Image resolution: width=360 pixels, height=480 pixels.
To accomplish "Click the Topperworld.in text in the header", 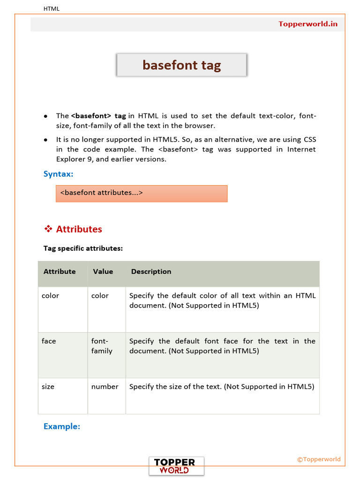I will pos(308,24).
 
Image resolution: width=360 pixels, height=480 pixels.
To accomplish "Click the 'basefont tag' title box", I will pos(181,65).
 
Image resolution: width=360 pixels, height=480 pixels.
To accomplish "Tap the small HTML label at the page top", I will pos(52,8).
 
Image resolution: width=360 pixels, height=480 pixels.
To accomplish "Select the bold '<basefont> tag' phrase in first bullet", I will pos(98,116).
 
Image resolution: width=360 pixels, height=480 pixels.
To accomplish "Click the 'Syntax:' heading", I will pos(59,174).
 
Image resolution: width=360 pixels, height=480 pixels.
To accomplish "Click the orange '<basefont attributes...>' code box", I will pos(141,193).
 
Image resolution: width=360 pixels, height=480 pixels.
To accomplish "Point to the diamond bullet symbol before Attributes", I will pos(48,229).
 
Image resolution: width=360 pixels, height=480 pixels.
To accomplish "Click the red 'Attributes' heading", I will pos(79,229).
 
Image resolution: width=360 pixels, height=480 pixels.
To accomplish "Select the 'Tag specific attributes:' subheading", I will pos(83,248).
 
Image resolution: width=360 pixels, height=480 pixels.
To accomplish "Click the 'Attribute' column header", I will pos(60,271).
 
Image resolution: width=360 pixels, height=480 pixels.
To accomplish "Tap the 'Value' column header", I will pos(103,271).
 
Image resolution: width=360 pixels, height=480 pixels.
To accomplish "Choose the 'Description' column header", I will pos(151,271).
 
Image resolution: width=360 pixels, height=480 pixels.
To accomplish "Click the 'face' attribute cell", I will pos(49,341).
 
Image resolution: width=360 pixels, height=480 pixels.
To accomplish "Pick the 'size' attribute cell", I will pos(48,387).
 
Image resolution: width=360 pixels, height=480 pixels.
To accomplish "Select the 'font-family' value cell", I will pos(102,346).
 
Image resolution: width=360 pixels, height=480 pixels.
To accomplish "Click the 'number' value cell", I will pos(105,387).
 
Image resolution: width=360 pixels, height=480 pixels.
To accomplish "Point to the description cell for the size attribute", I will pos(221,387).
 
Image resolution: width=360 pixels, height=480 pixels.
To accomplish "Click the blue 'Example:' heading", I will pos(62,427).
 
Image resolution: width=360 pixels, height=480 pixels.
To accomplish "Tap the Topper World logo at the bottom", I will pos(176,466).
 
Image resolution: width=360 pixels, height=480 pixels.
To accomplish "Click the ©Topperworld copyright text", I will pos(319,459).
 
